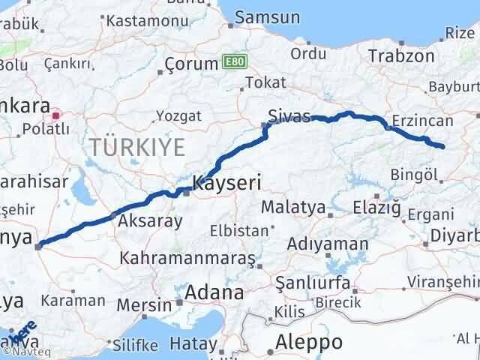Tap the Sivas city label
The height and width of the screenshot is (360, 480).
pos(289,116)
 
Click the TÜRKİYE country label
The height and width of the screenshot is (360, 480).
pos(137,146)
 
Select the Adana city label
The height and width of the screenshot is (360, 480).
pos(214,292)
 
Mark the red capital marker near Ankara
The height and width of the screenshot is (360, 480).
pos(55,116)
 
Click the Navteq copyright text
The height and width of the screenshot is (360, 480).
pos(25,349)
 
